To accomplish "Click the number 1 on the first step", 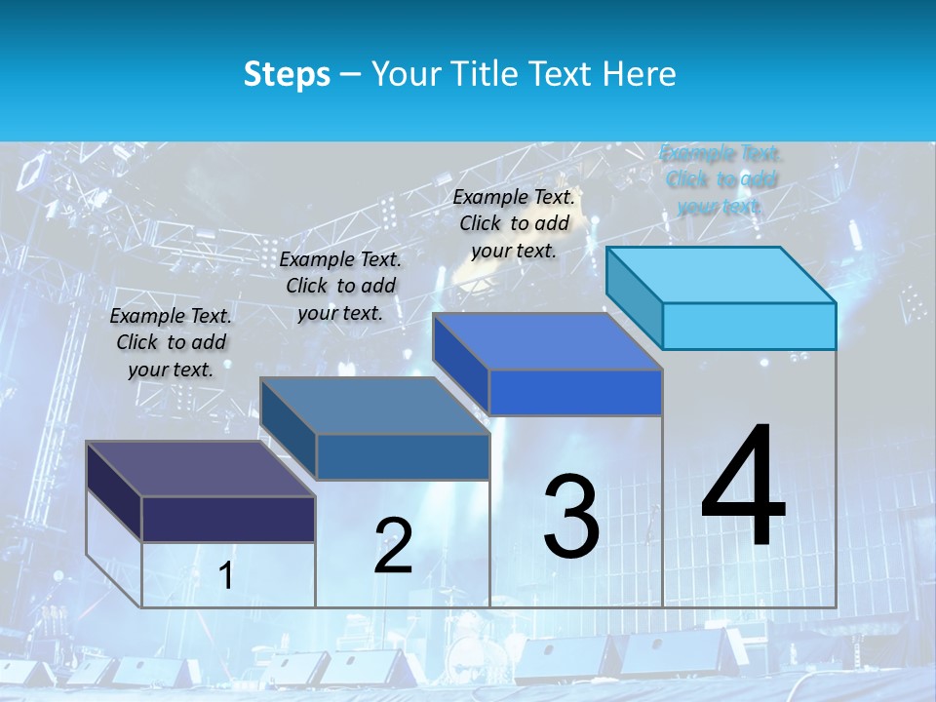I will coord(226,576).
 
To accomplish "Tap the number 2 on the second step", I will coord(393,546).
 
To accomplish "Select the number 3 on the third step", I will coord(571,518).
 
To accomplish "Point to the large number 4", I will coord(743,487).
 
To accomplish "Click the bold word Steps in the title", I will coord(287,73).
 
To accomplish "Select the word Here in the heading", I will coord(641,73).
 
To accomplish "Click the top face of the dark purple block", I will coord(200,469).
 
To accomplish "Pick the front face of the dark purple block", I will coord(228,519).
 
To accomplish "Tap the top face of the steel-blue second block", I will coord(374,406).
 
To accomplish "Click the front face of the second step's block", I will coord(403,456).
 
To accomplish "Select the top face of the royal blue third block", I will coord(548,341).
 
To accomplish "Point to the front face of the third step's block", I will coord(575,392).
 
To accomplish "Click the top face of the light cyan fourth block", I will coord(721,275).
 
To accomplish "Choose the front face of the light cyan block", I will coord(749,326).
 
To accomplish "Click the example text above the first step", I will coord(171,342).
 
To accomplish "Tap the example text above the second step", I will coord(340,286).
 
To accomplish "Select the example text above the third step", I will coord(514,223).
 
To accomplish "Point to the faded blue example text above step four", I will coord(721,179).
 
